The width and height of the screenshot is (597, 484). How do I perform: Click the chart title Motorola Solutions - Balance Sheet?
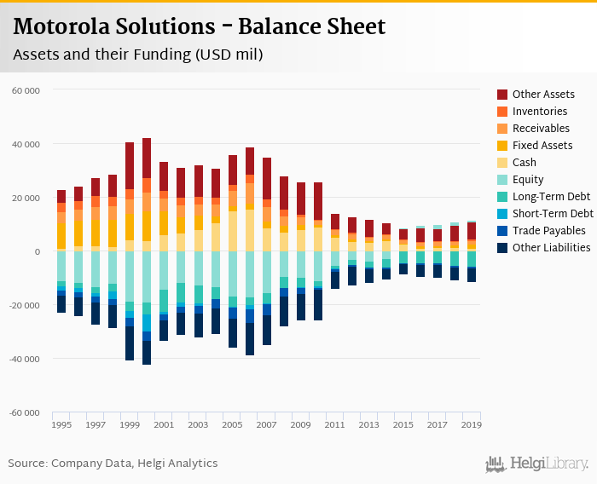200,26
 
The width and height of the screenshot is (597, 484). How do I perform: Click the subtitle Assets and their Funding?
137,55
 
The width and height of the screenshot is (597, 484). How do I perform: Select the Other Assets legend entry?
543,94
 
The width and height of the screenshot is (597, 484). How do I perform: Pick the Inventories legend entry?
539,111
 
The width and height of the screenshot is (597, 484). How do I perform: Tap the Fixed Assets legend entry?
542,145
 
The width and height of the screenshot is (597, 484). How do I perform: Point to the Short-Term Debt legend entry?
553,213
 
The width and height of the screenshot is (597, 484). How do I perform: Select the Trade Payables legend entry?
548,230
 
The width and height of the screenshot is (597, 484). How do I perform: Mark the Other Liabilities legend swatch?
502,247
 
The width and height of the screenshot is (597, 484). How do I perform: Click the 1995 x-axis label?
61,424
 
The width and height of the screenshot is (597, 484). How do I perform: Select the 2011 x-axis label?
334,424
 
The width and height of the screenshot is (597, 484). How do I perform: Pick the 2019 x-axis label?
472,424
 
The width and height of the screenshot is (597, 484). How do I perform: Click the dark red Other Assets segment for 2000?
147,158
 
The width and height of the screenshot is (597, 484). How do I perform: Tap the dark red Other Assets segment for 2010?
318,201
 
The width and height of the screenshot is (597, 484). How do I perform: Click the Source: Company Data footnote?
113,464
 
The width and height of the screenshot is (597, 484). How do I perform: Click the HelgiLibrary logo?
537,464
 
